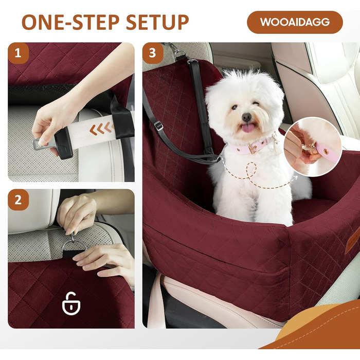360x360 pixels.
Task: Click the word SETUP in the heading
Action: (157, 22)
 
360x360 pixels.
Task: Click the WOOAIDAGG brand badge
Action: (295, 22)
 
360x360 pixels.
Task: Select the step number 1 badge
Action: (18, 53)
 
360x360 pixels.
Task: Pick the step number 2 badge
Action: (18, 200)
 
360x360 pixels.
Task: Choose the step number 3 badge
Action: (153, 53)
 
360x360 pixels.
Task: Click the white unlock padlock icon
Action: (71, 303)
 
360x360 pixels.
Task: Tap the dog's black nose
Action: (246, 117)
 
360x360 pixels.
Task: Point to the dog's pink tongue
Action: (247, 128)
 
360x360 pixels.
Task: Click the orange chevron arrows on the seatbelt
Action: (101, 129)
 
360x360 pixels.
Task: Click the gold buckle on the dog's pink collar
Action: (253, 149)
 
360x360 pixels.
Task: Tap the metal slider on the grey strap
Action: (158, 125)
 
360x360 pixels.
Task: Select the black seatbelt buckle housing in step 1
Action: (64, 143)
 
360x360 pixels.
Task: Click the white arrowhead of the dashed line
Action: (295, 177)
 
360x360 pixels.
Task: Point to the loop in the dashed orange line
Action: (251, 169)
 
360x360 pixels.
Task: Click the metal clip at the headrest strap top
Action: (178, 53)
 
